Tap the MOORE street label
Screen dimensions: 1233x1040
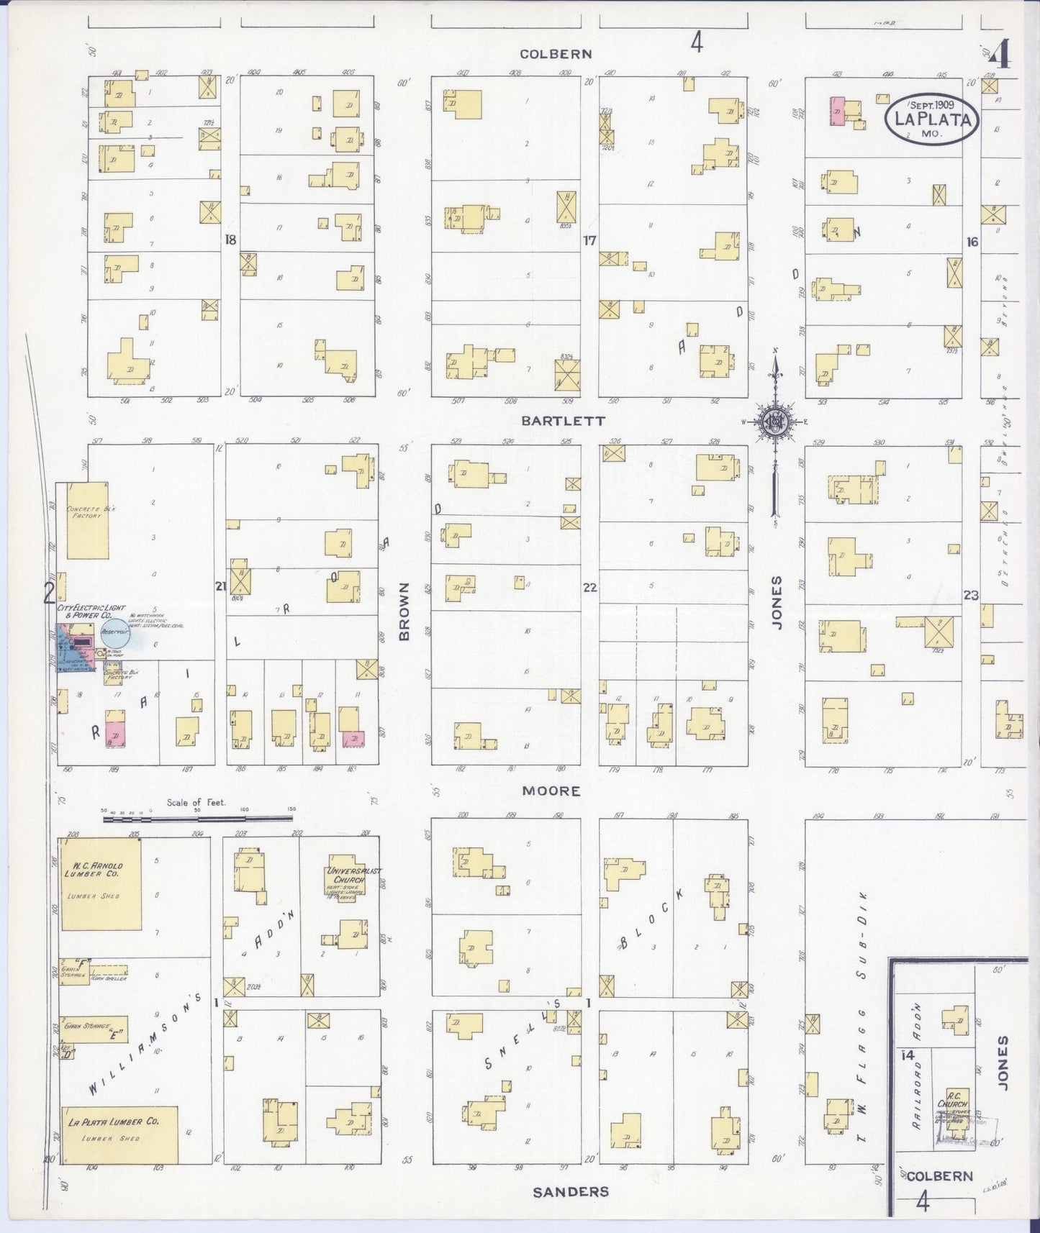(x=551, y=791)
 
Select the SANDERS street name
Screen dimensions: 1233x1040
(x=571, y=1192)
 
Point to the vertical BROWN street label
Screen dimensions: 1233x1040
(x=404, y=611)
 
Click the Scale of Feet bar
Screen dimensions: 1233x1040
(x=199, y=816)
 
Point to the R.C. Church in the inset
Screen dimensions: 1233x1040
(x=956, y=1108)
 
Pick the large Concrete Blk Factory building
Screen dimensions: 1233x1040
(x=88, y=520)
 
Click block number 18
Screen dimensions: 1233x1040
(x=230, y=240)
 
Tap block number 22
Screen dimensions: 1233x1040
(x=590, y=588)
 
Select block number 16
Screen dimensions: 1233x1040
(x=972, y=242)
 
